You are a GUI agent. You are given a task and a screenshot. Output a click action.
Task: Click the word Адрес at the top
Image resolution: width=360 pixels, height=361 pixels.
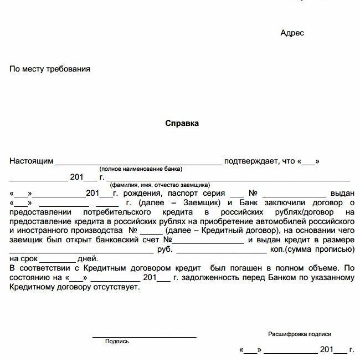[292, 33]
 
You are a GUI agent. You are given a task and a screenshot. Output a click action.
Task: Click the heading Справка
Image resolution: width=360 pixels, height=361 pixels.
[182, 124]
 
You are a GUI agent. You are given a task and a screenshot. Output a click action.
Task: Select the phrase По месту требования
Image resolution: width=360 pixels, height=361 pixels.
[50, 69]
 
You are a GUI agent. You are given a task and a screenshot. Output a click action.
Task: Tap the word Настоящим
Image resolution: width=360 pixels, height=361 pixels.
[32, 161]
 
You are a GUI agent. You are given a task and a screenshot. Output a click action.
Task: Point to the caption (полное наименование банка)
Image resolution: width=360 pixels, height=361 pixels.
[141, 169]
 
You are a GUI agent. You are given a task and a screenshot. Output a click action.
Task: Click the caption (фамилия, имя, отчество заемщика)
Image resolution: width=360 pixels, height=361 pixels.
[160, 185]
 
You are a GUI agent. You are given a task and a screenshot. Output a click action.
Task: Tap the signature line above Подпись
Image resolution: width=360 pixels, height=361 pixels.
[144, 336]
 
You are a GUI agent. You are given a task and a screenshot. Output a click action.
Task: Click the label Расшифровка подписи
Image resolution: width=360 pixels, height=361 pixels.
[300, 334]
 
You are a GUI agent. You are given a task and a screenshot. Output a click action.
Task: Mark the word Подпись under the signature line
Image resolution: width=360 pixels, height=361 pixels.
[117, 342]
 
